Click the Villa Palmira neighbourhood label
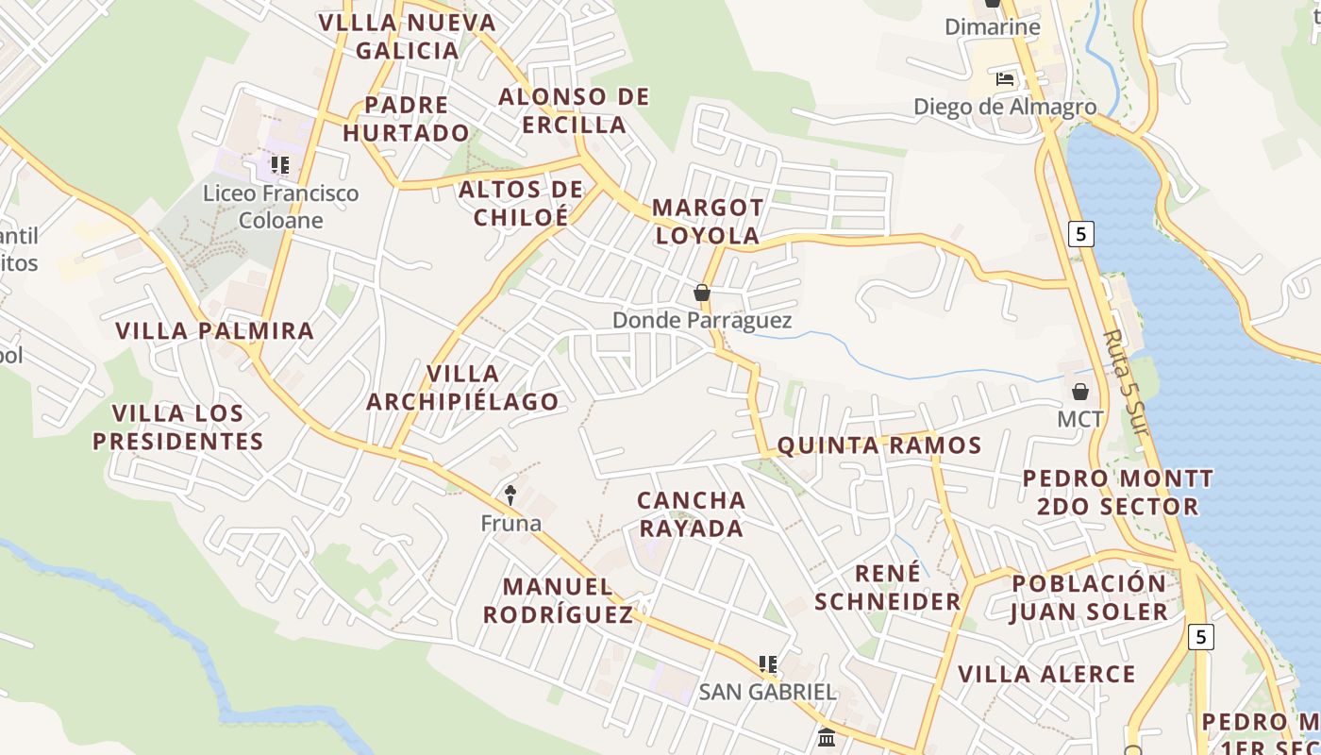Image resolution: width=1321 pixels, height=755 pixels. (214, 330)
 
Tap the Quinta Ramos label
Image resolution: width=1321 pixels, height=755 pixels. (879, 445)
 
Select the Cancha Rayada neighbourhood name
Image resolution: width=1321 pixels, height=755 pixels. (691, 514)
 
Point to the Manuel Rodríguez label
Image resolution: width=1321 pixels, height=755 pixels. (558, 601)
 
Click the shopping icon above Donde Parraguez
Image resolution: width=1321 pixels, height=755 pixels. (701, 293)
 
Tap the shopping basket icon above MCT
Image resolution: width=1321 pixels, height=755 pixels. (1080, 391)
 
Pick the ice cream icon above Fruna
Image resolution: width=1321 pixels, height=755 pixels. (510, 495)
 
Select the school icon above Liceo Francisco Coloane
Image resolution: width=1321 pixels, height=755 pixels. (279, 165)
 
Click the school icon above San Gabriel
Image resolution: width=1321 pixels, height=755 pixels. (768, 664)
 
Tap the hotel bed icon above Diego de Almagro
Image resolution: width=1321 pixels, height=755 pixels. (1005, 79)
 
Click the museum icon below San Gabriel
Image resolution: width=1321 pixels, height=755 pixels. (827, 736)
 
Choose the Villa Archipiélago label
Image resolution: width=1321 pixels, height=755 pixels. (462, 388)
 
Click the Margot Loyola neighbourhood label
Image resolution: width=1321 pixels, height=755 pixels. (708, 222)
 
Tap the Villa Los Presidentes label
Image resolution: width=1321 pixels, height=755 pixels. (177, 428)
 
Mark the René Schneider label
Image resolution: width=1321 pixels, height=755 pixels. (888, 588)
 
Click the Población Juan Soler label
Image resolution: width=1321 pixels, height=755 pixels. (1090, 597)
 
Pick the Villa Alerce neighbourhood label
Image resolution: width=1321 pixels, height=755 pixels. (1047, 674)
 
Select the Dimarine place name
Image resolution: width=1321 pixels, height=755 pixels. (993, 26)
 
